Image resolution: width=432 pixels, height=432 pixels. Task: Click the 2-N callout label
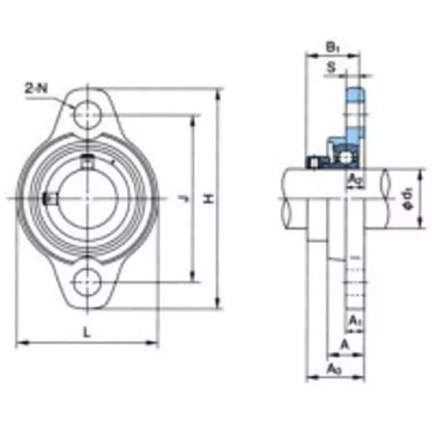coord(36,89)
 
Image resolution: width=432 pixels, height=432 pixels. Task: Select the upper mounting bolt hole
coord(87,114)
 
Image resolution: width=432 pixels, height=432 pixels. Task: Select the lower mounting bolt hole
coord(87,281)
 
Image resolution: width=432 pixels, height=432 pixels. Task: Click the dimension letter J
coord(183,199)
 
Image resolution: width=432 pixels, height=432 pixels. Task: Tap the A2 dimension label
coord(355,178)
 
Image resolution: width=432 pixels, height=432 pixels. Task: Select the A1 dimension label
coord(355,320)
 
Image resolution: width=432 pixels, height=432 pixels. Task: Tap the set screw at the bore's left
coord(50,199)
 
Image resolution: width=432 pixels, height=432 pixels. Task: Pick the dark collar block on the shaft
coord(313,161)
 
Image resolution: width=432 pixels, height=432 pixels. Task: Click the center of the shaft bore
coord(87,199)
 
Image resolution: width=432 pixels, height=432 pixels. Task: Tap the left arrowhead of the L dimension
coord(19,342)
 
